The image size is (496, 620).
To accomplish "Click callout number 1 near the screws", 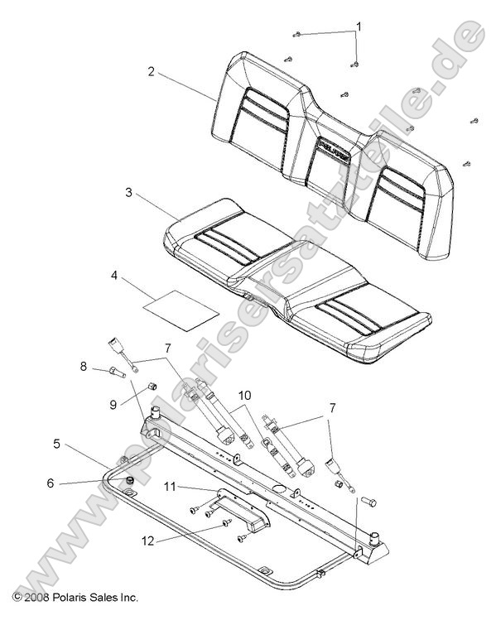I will point(359,26).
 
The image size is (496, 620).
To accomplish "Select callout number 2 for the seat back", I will point(151,72).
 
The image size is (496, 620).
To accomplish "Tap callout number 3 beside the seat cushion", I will point(128,193).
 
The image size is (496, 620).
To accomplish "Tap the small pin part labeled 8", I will point(113,372).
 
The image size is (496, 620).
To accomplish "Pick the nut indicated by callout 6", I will point(129,481).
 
